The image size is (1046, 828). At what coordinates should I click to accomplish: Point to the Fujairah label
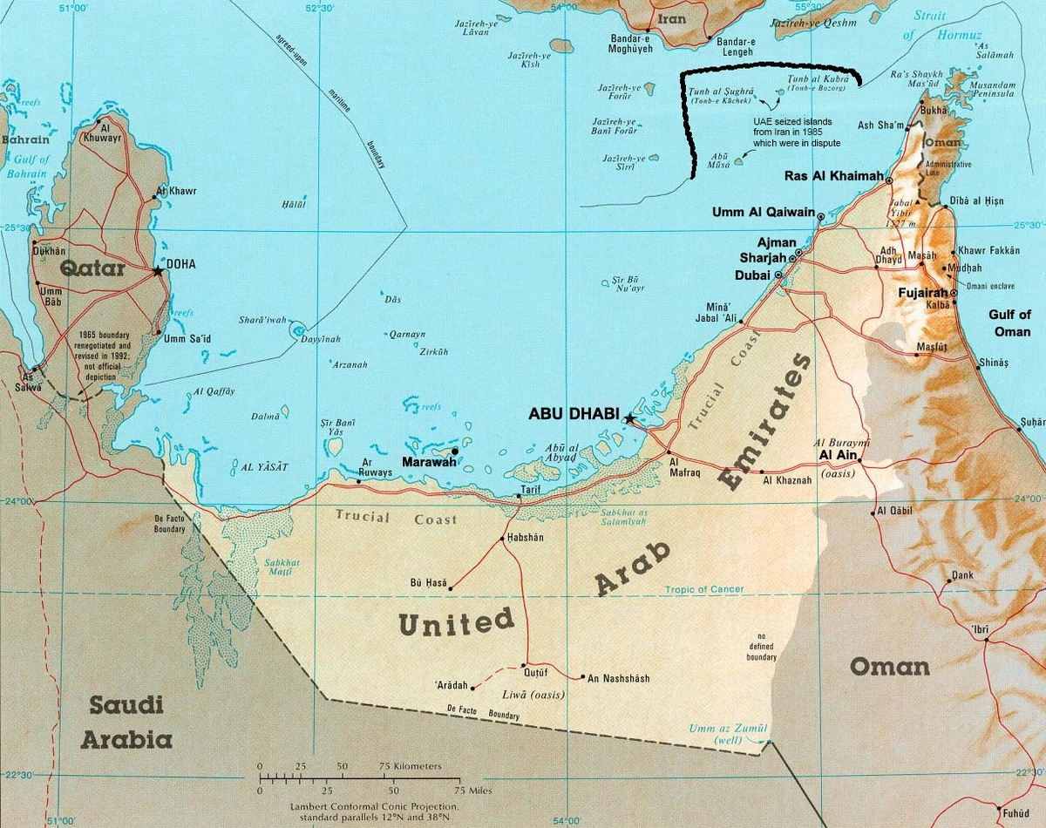pos(925,294)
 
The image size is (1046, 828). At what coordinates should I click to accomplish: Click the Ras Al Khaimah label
pos(833,176)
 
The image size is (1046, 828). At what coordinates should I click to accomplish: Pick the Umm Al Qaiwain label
pos(763,212)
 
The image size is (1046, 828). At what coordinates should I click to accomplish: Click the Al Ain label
pos(834,455)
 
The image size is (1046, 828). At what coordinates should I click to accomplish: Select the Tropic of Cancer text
pos(704,589)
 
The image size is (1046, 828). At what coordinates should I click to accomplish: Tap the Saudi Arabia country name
pos(126,723)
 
